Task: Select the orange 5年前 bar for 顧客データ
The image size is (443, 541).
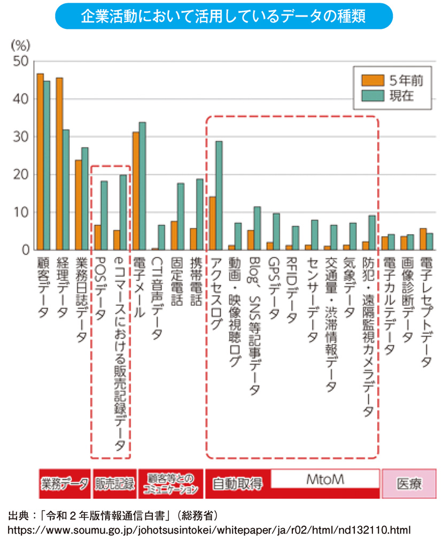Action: (x=40, y=161)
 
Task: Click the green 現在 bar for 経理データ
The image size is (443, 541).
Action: (x=66, y=190)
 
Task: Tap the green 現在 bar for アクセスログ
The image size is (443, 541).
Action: (x=219, y=196)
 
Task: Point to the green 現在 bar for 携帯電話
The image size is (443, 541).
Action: (x=199, y=214)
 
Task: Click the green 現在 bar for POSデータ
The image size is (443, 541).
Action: (x=104, y=215)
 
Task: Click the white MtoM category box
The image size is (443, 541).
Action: (x=325, y=479)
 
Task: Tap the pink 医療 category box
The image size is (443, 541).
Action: (x=409, y=484)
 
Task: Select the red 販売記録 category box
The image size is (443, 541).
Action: (x=114, y=484)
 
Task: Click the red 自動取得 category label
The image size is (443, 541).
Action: (x=237, y=484)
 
